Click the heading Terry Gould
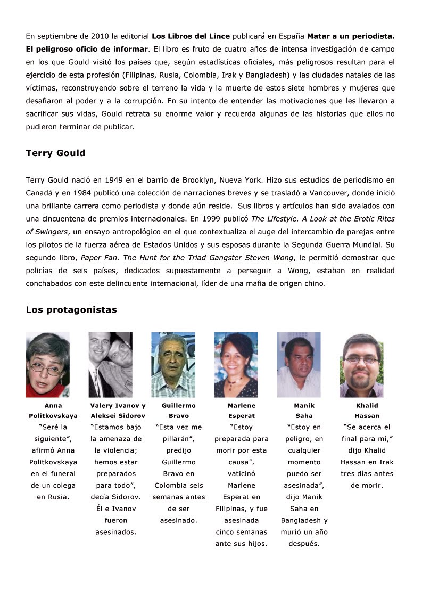(55, 153)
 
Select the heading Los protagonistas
(71, 309)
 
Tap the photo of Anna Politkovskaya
(47, 364)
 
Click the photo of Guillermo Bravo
(173, 364)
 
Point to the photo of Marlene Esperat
(236, 364)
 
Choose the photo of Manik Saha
(299, 364)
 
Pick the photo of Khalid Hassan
(361, 365)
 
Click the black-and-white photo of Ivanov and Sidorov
(110, 364)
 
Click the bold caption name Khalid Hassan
(367, 411)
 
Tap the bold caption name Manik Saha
(304, 411)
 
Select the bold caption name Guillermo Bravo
(178, 411)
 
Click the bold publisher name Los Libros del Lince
(191, 36)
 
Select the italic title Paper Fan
(97, 258)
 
